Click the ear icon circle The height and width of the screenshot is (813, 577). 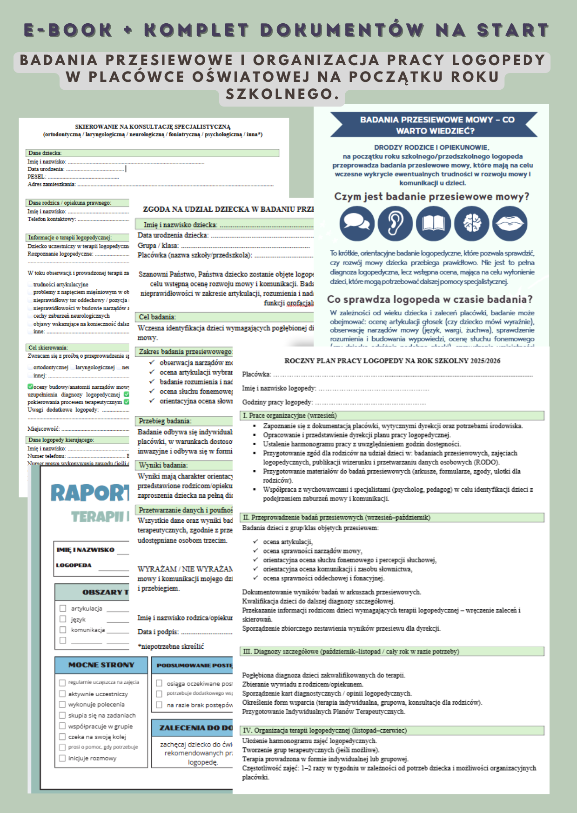395,223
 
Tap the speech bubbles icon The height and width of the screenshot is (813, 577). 357,223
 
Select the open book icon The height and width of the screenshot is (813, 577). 433,223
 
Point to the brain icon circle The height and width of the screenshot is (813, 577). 471,223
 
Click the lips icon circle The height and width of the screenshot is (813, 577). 510,223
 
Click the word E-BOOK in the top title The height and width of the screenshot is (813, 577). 68,30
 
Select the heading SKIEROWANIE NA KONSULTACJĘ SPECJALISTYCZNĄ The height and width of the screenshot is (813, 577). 153,127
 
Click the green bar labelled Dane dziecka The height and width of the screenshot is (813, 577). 152,153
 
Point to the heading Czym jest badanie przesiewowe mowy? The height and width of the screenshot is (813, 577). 431,197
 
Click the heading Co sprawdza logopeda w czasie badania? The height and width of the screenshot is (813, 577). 429,300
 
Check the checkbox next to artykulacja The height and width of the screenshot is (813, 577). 63,608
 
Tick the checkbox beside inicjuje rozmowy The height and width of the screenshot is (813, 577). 62,758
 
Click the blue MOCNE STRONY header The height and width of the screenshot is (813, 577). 101,665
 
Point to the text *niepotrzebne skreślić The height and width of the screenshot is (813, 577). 171,646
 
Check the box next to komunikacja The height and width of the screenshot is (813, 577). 63,630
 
